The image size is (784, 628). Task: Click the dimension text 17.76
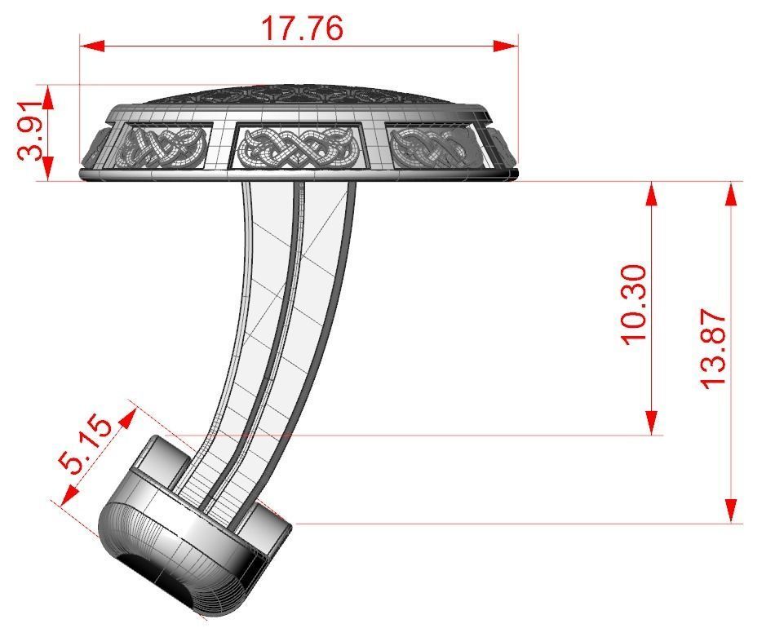click(301, 28)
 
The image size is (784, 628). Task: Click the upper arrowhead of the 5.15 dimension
click(127, 418)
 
